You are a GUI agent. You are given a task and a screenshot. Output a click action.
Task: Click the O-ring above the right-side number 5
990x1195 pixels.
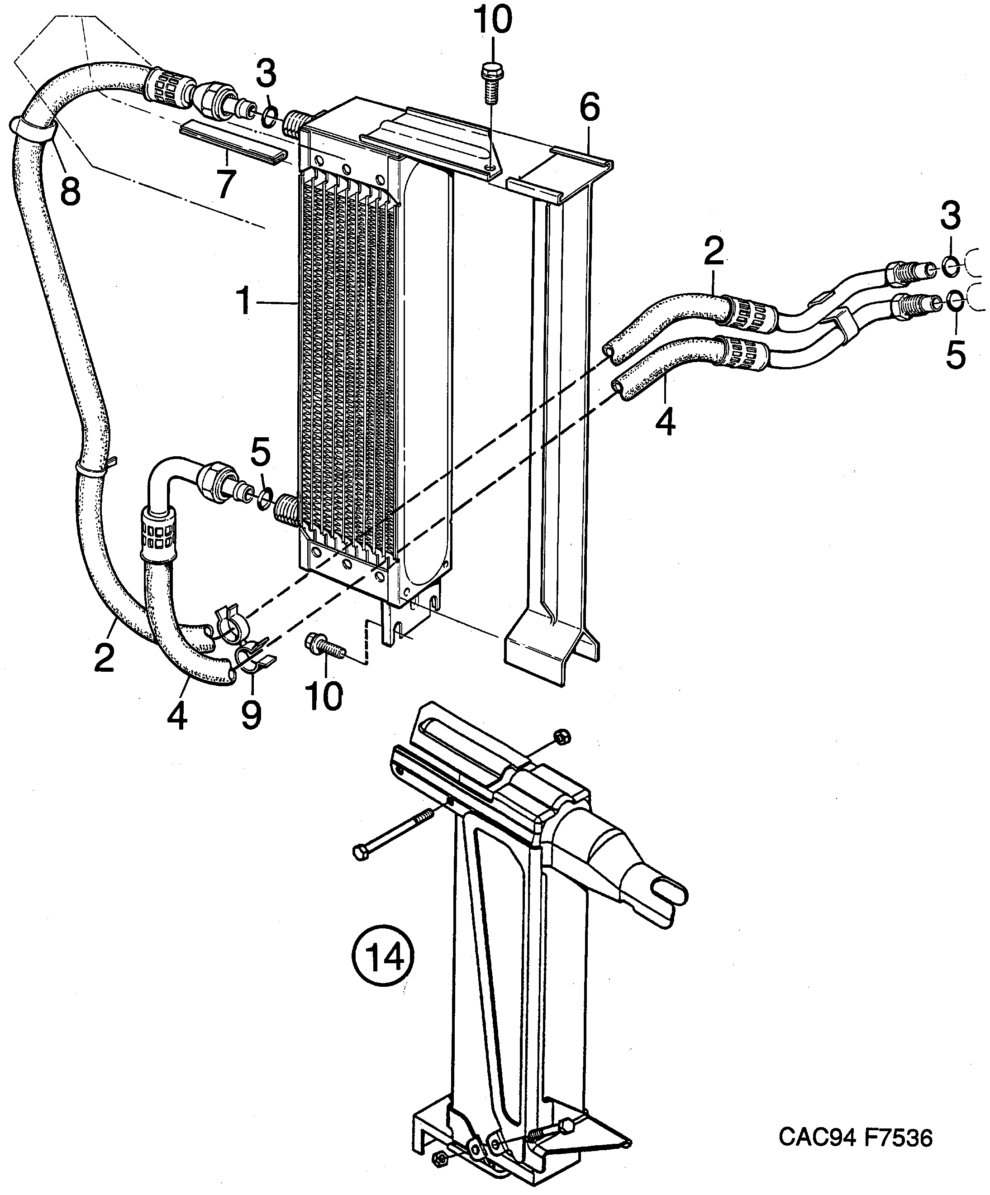point(955,301)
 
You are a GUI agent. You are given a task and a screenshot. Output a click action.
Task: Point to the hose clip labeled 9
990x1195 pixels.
point(250,660)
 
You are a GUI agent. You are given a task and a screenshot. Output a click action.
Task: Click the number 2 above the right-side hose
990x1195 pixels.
point(714,250)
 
